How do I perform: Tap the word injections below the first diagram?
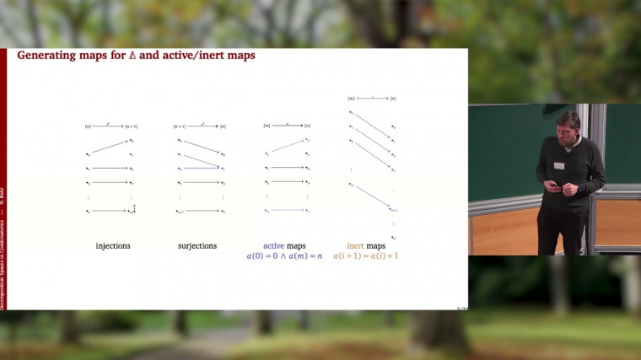[112, 245]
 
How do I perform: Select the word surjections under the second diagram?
[197, 245]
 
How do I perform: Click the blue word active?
[276, 245]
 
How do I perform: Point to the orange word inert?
[358, 245]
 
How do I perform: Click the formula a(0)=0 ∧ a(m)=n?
[286, 255]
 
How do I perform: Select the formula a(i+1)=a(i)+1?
[365, 255]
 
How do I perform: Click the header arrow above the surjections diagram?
[202, 126]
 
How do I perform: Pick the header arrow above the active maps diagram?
[288, 126]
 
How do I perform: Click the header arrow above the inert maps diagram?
[372, 98]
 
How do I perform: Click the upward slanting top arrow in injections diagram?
[110, 147]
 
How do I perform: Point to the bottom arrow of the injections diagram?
[110, 211]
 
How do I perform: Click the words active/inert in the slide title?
[192, 56]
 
